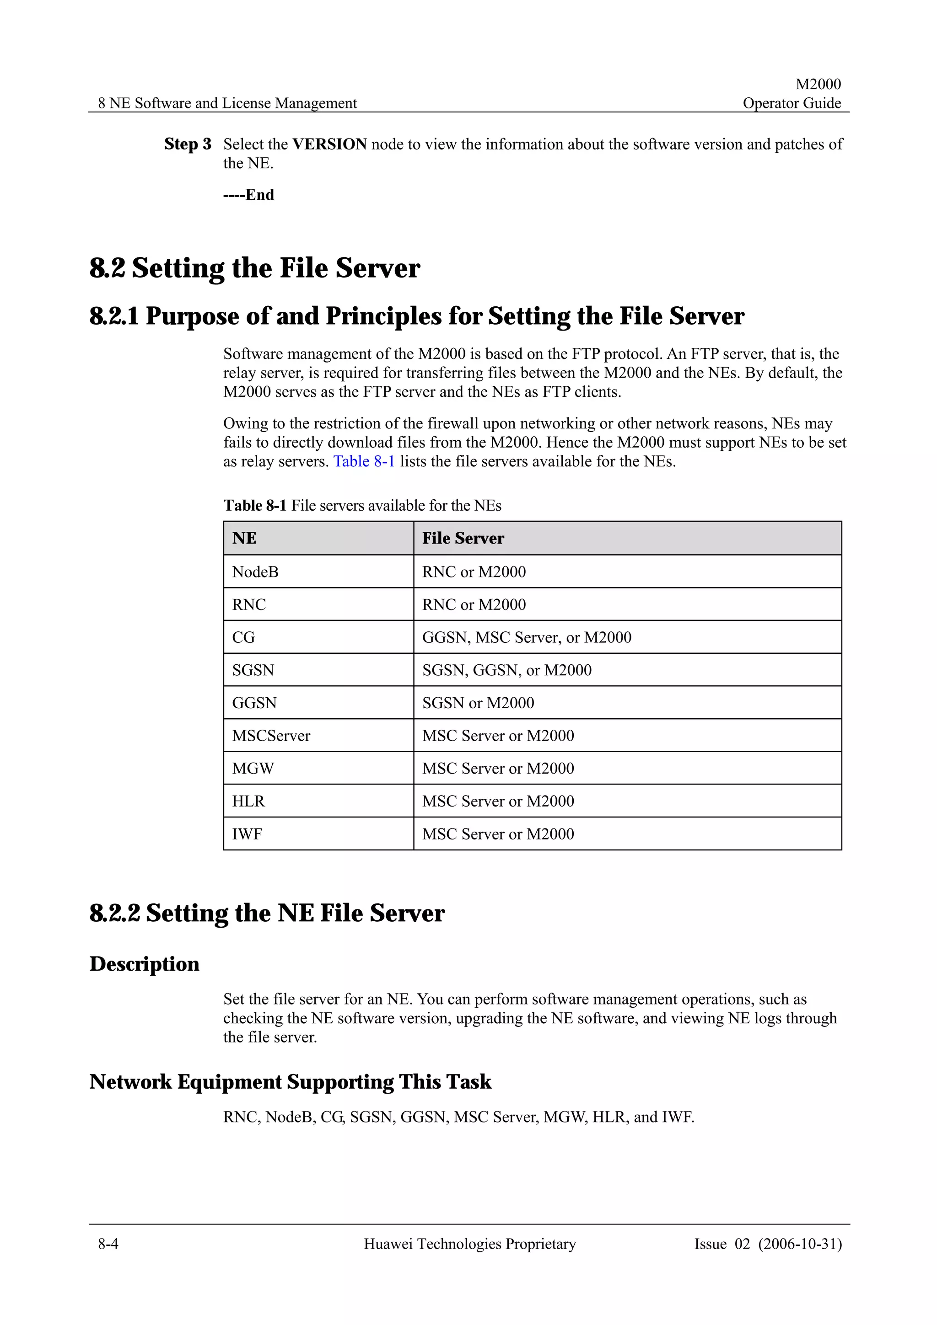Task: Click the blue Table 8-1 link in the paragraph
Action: click(364, 462)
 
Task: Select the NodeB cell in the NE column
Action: click(255, 572)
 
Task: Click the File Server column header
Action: click(463, 539)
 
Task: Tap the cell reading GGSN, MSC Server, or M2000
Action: click(527, 638)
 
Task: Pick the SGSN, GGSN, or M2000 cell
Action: click(506, 671)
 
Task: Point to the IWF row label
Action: click(247, 834)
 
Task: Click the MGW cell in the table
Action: click(253, 769)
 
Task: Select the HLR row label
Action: click(248, 801)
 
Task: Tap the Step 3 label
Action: click(188, 144)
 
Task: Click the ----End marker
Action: click(249, 195)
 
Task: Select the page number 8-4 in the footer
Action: click(108, 1244)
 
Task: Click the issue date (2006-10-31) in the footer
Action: click(800, 1244)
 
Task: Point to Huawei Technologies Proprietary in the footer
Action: click(469, 1244)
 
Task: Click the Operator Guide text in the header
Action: click(792, 103)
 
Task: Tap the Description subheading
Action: click(144, 964)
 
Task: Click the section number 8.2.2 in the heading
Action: click(114, 914)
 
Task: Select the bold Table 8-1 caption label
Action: click(254, 506)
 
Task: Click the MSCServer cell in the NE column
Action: click(271, 736)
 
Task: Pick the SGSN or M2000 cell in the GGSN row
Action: click(478, 703)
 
